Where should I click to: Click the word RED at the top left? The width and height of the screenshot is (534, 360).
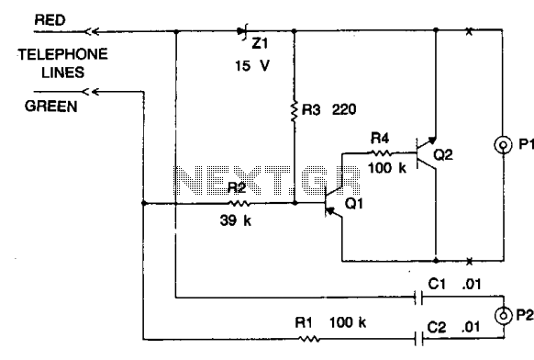[x=50, y=20]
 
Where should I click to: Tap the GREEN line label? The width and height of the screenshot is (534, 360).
[x=51, y=107]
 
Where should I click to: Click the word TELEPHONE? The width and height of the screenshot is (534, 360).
[x=63, y=54]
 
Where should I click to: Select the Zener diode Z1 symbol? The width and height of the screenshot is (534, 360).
[x=242, y=32]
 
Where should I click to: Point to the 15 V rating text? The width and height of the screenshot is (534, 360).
[x=252, y=65]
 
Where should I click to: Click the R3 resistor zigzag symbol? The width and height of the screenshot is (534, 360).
[x=295, y=111]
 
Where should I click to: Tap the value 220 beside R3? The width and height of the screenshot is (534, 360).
[x=344, y=109]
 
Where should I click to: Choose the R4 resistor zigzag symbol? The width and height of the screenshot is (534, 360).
[x=380, y=152]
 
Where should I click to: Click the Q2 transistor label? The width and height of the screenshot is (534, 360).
[x=443, y=155]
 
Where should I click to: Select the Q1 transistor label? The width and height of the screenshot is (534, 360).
[x=354, y=204]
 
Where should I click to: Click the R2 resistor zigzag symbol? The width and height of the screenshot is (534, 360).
[x=239, y=204]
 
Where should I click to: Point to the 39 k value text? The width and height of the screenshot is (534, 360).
[x=235, y=220]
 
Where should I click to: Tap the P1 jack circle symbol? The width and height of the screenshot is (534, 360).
[x=503, y=145]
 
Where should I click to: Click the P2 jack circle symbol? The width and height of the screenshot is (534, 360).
[x=503, y=316]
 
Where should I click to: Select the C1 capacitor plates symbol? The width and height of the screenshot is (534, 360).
[x=419, y=298]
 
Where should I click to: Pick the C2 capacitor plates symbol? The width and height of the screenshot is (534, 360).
[x=419, y=339]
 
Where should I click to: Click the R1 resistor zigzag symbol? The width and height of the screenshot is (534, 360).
[x=309, y=339]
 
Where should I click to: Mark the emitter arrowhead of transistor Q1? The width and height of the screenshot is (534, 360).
[x=329, y=212]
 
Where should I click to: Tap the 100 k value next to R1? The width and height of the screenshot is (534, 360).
[x=348, y=322]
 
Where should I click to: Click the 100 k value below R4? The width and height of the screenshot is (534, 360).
[x=387, y=168]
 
